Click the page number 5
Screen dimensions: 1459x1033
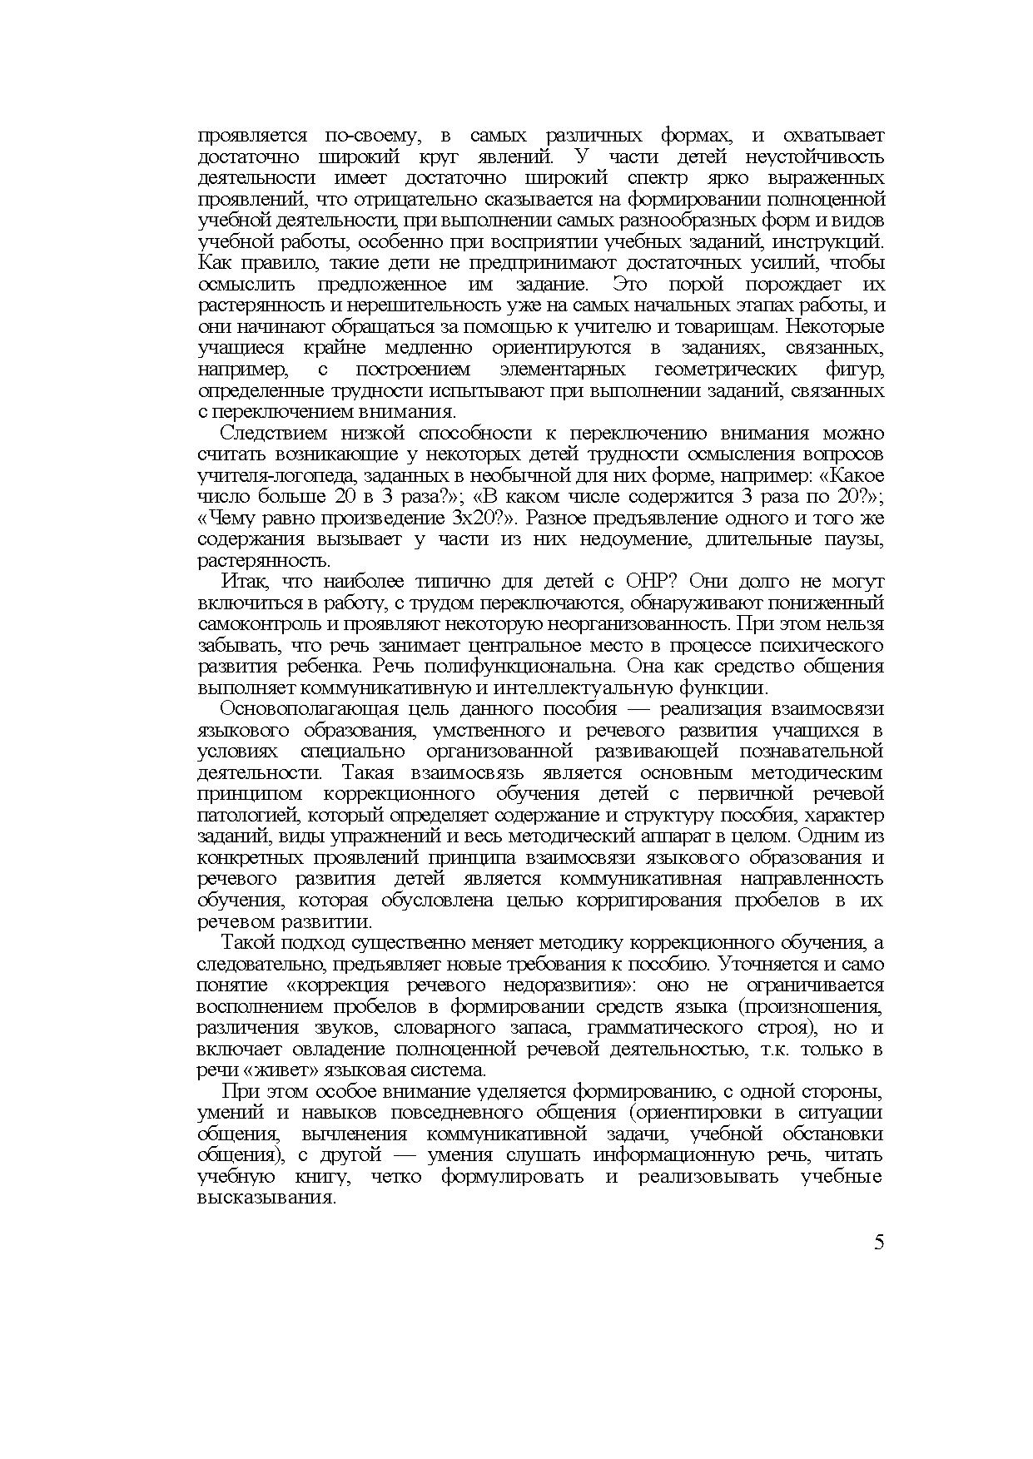pyautogui.click(x=879, y=1243)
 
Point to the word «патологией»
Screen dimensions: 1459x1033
pyautogui.click(x=241, y=815)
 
